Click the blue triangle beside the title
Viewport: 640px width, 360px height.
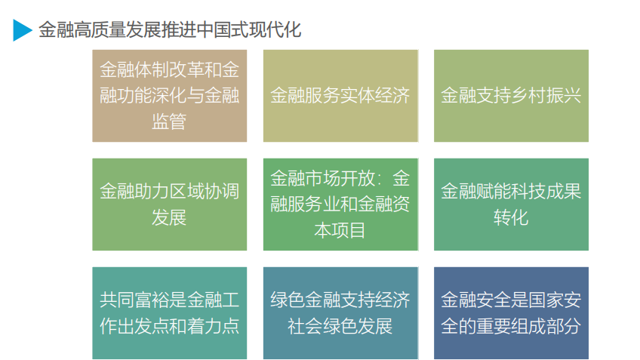pyautogui.click(x=21, y=30)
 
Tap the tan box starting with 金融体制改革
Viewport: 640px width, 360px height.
pyautogui.click(x=169, y=96)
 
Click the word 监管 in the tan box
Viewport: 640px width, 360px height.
pyautogui.click(x=169, y=122)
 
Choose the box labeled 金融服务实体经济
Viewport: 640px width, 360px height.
pyautogui.click(x=340, y=96)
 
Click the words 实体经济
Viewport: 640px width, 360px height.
pyautogui.click(x=374, y=96)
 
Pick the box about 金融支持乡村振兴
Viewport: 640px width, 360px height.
pyautogui.click(x=511, y=96)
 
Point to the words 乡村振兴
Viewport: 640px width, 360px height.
pyautogui.click(x=546, y=96)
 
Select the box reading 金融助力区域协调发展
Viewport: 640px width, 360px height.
pyautogui.click(x=169, y=205)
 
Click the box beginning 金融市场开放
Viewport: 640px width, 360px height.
pyautogui.click(x=340, y=205)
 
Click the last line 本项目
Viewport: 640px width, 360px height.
pyautogui.click(x=340, y=231)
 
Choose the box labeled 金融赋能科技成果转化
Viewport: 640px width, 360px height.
pyautogui.click(x=511, y=205)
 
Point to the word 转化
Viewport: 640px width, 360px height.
pyautogui.click(x=511, y=217)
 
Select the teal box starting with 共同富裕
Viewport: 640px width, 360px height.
pyautogui.click(x=169, y=313)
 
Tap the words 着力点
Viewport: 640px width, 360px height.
pyautogui.click(x=213, y=326)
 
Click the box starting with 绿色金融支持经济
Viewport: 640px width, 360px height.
pyautogui.click(x=340, y=313)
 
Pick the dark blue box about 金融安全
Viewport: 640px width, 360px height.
pyautogui.click(x=511, y=313)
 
